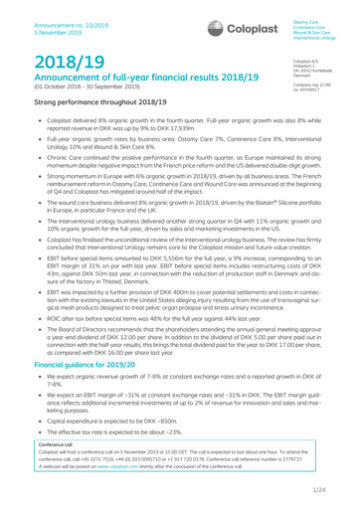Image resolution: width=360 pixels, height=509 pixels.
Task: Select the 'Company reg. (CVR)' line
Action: [x=318, y=67]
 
